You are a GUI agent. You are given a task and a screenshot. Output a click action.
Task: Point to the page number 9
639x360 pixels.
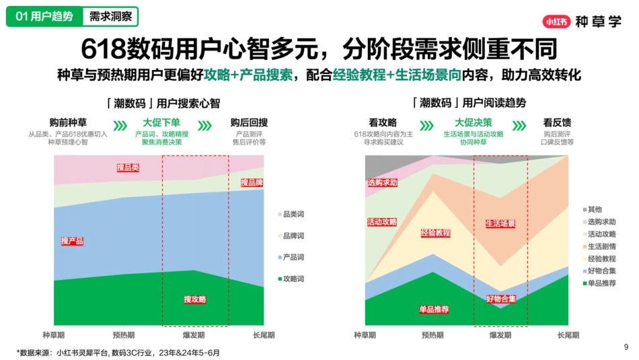(626, 347)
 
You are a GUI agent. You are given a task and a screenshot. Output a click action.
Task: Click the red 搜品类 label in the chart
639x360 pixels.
(128, 168)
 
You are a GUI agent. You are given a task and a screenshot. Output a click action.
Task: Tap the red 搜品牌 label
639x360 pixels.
(252, 182)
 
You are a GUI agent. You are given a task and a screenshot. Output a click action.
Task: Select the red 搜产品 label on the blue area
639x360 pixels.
(72, 241)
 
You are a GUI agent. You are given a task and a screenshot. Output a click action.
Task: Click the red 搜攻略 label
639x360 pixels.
(195, 299)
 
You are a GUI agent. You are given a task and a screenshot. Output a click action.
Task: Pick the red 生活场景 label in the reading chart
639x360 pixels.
(500, 223)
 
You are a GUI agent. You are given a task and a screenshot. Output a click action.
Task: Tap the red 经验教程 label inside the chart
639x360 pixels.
(435, 233)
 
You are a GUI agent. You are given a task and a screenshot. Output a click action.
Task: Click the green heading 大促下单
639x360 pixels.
(161, 122)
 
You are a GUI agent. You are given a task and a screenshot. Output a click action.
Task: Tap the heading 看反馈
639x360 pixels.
(557, 122)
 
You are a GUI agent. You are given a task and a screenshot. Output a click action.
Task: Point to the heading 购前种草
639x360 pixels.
(68, 122)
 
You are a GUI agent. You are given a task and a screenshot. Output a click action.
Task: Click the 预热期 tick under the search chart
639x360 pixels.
(124, 334)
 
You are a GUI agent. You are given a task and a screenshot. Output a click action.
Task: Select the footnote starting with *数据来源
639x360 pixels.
(118, 352)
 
